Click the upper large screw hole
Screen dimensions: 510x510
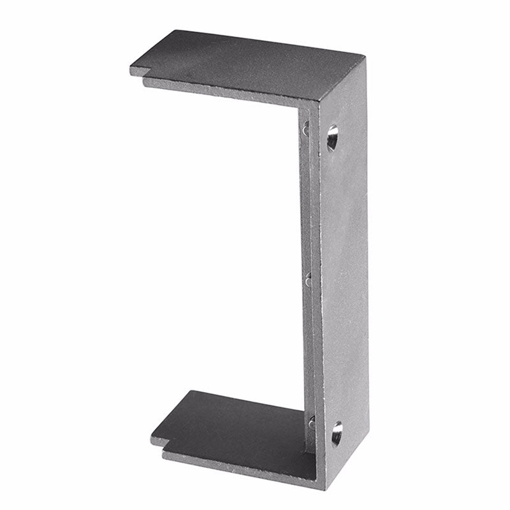333,138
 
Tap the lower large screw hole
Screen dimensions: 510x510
336,433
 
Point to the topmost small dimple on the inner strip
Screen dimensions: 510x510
305,129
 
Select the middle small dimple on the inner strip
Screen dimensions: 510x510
309,278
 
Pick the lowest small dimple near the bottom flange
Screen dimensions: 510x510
312,421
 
